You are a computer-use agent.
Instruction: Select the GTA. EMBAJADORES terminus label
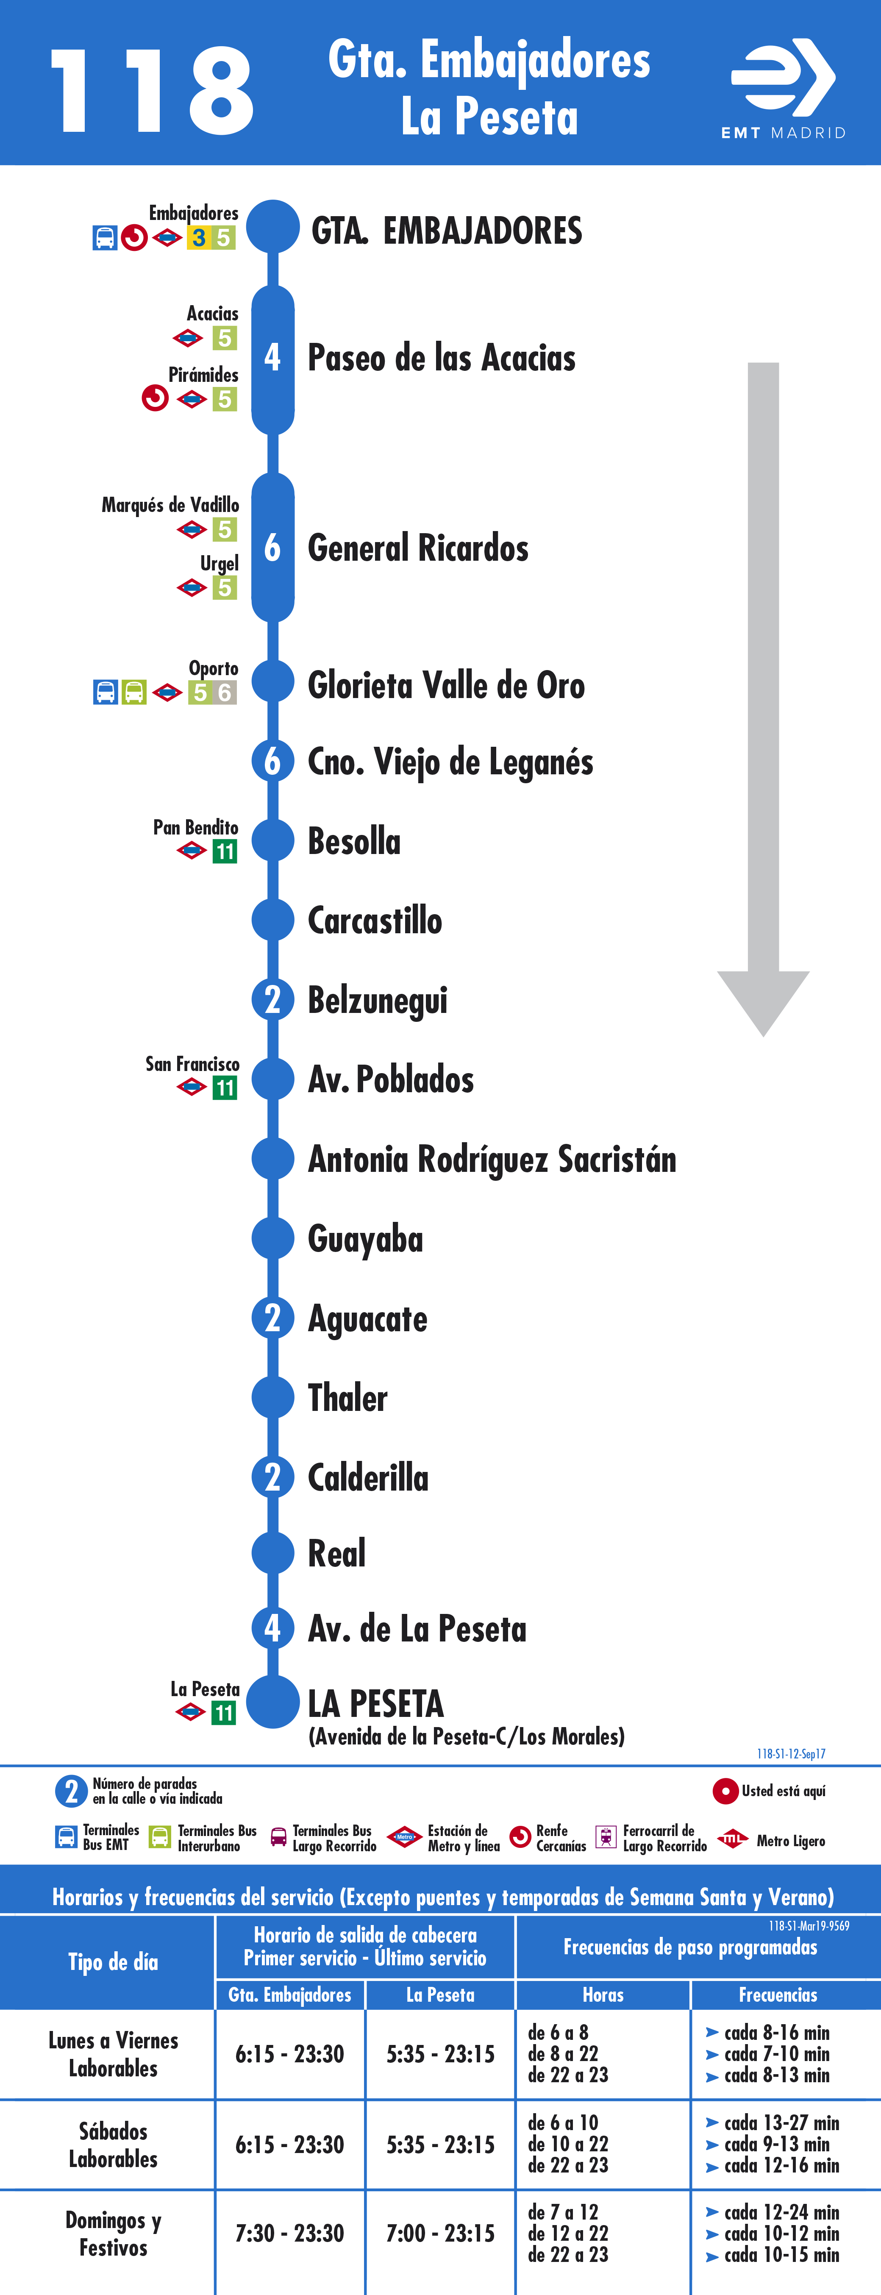[446, 231]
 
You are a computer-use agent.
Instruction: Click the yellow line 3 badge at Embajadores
[199, 238]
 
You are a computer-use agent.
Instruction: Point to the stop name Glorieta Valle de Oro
[446, 685]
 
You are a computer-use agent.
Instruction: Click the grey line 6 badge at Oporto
[225, 692]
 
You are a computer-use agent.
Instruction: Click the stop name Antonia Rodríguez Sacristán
[492, 1159]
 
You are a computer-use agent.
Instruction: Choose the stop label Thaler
[347, 1398]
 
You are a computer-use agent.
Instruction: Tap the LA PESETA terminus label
[376, 1703]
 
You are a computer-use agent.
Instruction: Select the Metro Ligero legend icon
[732, 1839]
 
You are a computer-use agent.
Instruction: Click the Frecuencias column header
[778, 1995]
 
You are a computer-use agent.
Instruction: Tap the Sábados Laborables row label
[113, 2145]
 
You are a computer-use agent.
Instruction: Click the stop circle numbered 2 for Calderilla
[272, 1477]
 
